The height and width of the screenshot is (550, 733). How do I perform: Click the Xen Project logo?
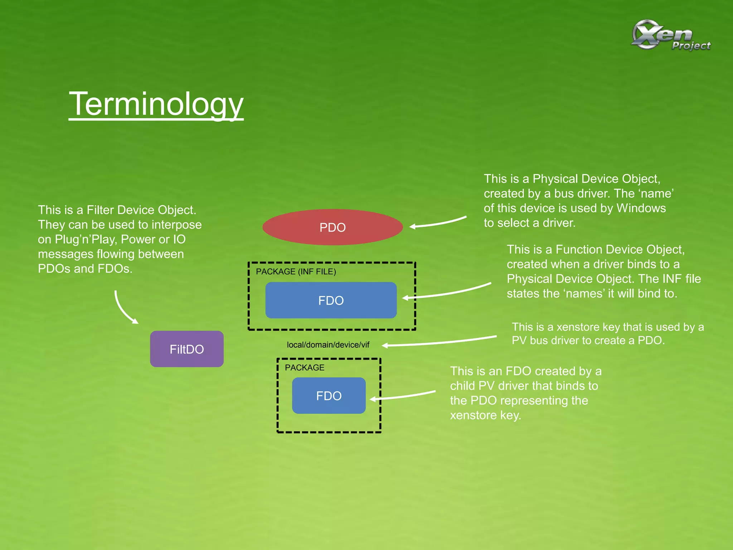671,35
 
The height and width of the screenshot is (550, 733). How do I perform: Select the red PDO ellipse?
332,227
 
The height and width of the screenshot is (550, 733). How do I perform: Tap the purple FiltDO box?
187,349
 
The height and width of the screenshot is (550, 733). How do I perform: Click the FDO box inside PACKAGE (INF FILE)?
331,300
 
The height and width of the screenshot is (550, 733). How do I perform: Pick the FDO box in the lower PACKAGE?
329,396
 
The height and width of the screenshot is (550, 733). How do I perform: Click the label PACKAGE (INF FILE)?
296,272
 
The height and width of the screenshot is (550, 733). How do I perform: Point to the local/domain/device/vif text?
328,345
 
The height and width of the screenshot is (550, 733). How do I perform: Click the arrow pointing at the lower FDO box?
403,396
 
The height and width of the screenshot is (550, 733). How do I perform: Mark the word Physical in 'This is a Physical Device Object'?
555,179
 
